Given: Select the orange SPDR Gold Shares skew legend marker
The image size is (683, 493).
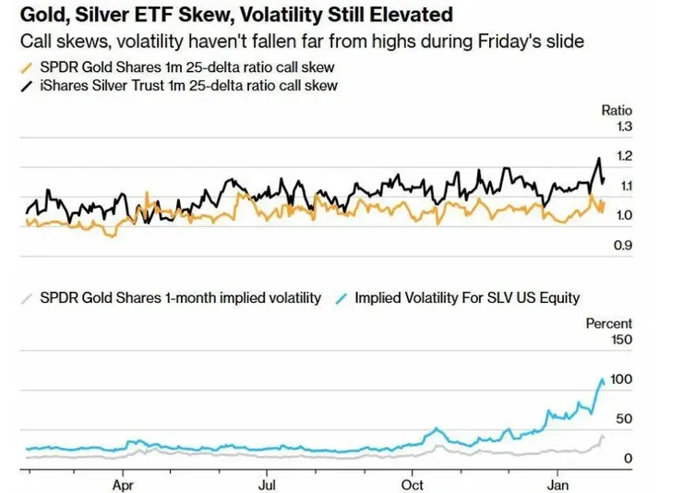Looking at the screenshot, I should click(x=25, y=67).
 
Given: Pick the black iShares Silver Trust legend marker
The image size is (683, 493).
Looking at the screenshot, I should click(x=25, y=86).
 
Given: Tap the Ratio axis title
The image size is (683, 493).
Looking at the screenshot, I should click(x=617, y=111).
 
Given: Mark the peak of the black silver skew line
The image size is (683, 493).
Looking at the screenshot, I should click(x=599, y=159).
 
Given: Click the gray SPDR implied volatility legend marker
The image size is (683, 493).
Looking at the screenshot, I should click(x=28, y=297).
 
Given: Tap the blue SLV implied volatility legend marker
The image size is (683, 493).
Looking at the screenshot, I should click(x=341, y=297).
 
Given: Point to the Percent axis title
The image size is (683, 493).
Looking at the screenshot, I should click(x=609, y=323).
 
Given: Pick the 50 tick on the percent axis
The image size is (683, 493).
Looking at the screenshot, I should click(x=623, y=419).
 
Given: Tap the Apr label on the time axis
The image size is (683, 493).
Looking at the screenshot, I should click(x=123, y=484).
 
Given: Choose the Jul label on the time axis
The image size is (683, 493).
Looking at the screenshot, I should click(x=268, y=484).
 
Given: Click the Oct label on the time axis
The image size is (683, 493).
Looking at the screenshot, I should click(x=413, y=484).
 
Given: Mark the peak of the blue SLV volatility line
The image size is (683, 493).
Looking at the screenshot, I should click(x=602, y=378).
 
